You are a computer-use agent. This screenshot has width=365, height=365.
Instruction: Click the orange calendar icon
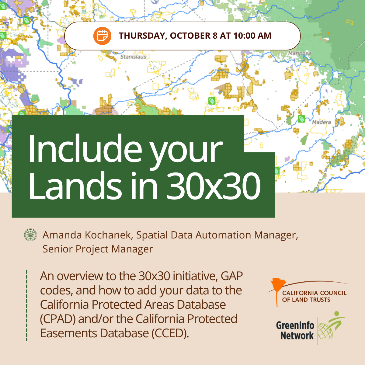tap(102, 36)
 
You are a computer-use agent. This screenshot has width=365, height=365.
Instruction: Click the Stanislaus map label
tap(133, 57)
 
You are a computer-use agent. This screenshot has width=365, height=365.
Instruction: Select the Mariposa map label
tap(300, 53)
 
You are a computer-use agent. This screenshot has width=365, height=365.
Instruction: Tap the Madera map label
tap(322, 122)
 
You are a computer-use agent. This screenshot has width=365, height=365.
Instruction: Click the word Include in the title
tap(85, 148)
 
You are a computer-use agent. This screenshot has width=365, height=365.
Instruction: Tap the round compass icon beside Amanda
tap(30, 235)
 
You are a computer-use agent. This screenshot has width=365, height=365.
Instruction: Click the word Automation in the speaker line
tap(223, 235)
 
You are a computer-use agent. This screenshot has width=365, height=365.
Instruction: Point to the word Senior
tap(57, 249)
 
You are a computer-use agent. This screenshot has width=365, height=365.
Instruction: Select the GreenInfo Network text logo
tap(295, 330)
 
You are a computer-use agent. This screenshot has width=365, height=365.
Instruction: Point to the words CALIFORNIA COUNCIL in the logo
tap(314, 293)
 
